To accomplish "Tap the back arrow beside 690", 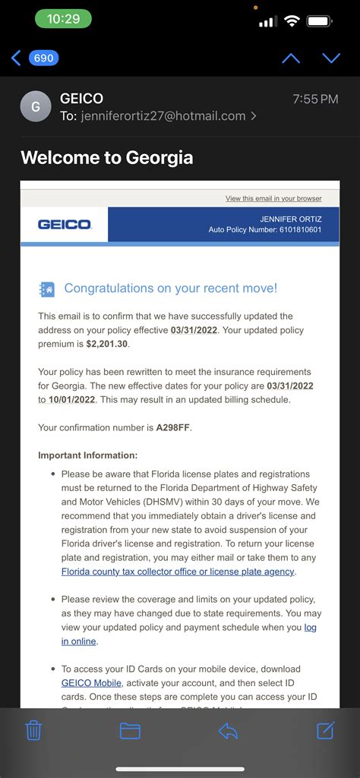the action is click(15, 58).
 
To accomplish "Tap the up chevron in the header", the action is click(291, 58).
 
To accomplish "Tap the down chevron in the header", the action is click(331, 58).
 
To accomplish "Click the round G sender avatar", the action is click(35, 107).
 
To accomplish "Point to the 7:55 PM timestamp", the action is click(315, 99).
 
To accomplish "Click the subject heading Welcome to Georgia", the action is click(107, 157).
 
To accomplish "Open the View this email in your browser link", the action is click(273, 199).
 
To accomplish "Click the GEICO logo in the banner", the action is click(65, 225).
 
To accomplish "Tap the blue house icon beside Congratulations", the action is click(47, 289).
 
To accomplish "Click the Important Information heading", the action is click(88, 455).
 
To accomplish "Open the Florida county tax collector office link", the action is click(178, 572).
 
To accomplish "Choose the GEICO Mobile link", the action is click(91, 683).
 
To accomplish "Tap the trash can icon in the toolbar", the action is click(33, 730).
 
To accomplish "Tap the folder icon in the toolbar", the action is click(130, 730).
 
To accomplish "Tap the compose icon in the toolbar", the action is click(325, 730).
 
